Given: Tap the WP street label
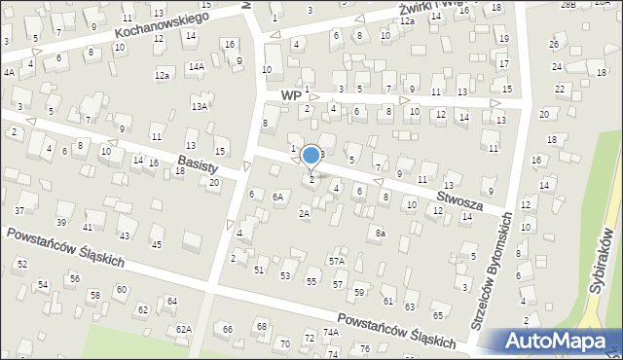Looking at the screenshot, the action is click(289, 96).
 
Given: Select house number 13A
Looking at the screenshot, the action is click(200, 106).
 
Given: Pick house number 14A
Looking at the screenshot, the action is click(197, 66).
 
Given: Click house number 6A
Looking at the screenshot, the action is click(277, 197).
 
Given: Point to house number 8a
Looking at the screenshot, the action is click(382, 234).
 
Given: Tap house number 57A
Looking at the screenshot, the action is click(337, 261).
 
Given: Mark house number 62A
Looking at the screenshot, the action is click(183, 329).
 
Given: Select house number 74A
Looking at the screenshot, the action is click(331, 332).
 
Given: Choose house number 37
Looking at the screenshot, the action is click(19, 211).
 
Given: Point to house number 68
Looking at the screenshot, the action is click(261, 325).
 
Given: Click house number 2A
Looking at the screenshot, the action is click(304, 213).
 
